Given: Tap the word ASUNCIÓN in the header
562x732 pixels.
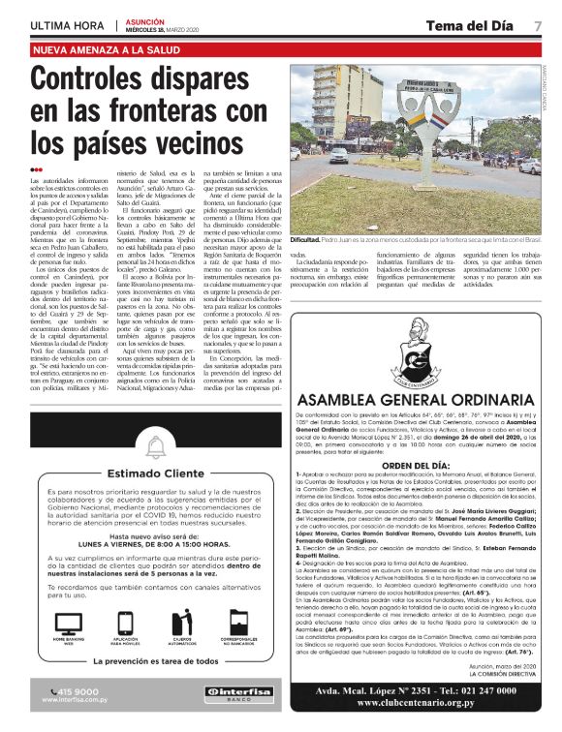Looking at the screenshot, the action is [x=144, y=19].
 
